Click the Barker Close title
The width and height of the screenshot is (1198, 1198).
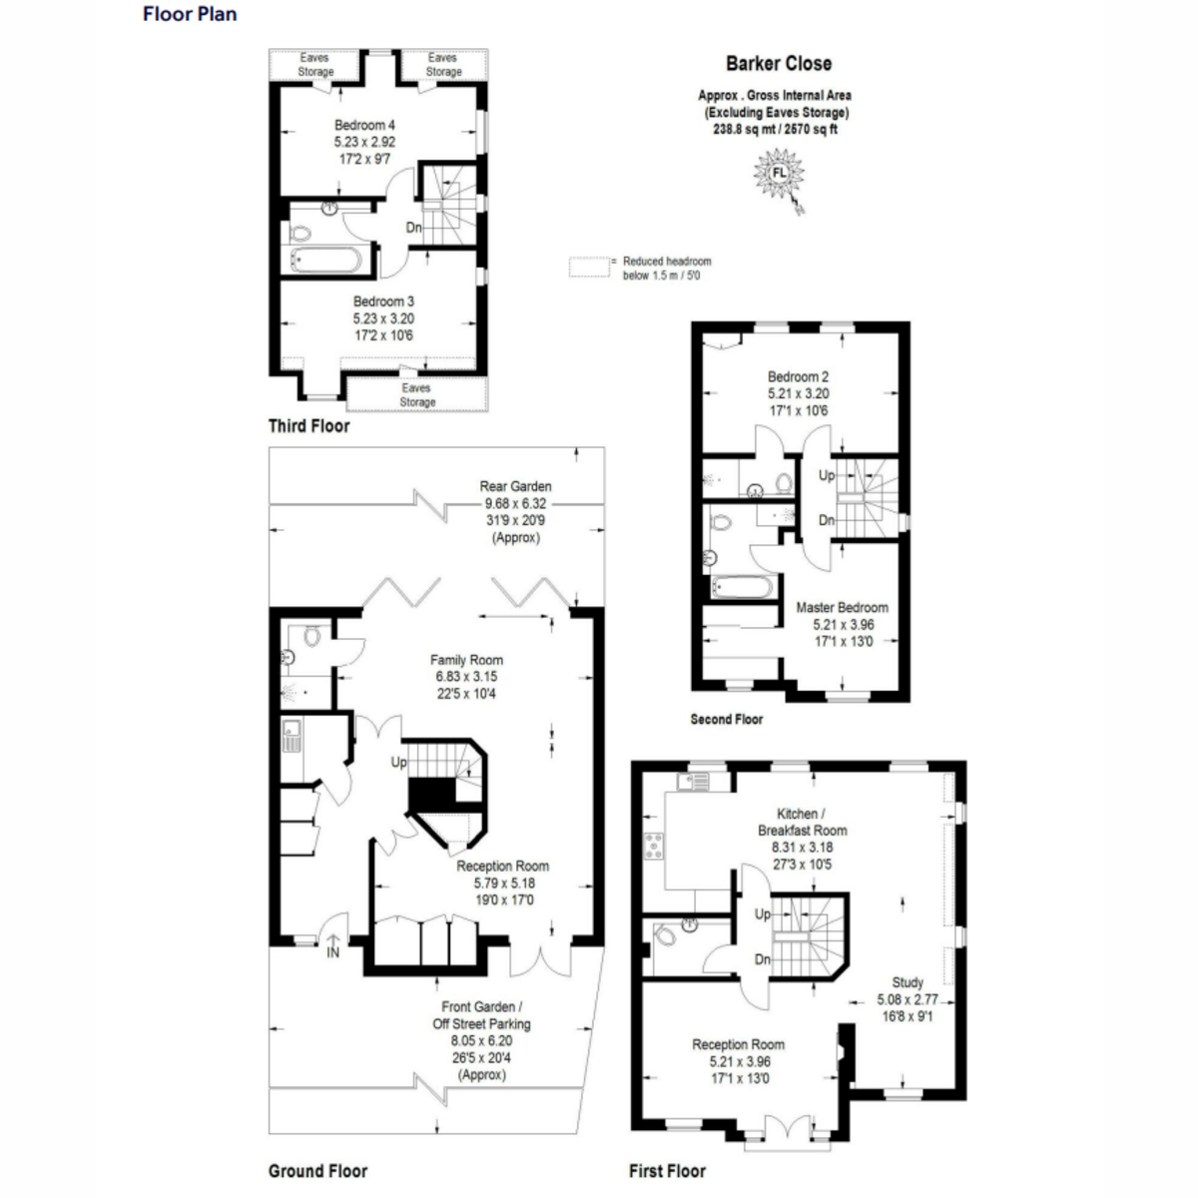778,64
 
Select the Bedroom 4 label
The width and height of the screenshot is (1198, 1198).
364,126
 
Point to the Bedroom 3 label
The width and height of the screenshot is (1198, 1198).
383,301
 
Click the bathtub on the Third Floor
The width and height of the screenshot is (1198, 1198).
325,262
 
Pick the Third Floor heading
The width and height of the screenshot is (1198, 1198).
308,426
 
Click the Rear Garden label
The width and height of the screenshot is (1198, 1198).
515,487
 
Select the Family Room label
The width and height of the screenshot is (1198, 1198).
466,660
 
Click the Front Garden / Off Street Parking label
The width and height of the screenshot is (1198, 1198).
481,1015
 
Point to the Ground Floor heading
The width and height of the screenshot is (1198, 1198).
317,1171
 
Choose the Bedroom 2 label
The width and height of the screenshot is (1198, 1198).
798,377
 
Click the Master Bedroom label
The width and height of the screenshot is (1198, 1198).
842,608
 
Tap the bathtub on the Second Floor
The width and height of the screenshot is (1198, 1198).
740,587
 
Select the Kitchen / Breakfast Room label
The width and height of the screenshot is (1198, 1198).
802,822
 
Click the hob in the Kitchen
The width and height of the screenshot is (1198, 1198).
654,846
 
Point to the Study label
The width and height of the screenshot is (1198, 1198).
906,982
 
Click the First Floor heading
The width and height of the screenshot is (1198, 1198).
667,1171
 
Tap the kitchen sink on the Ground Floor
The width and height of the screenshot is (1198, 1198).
292,735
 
